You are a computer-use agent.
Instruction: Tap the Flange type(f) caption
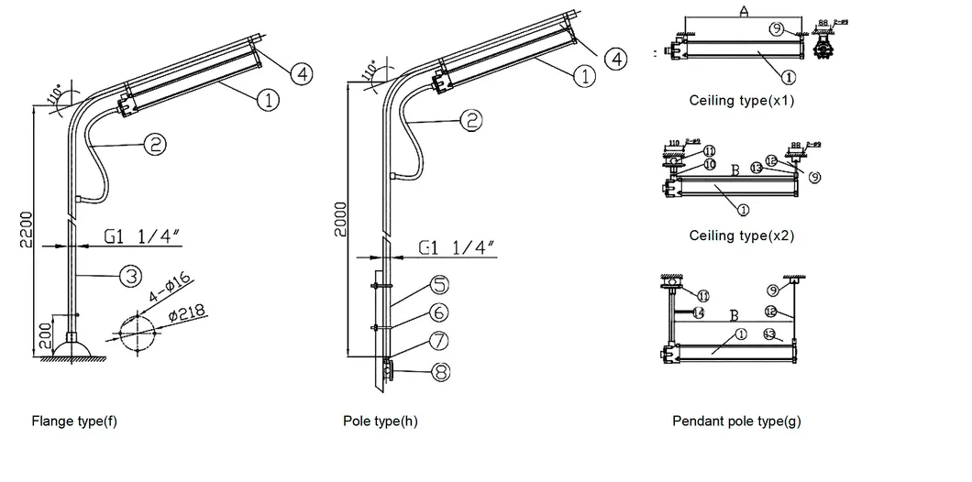click(x=74, y=422)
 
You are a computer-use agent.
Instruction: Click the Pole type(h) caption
click(x=381, y=422)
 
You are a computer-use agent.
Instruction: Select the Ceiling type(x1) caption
click(x=741, y=101)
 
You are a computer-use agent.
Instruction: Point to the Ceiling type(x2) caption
click(x=741, y=236)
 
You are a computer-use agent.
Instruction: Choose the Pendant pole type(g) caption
click(x=736, y=422)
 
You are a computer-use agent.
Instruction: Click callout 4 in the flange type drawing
click(x=302, y=73)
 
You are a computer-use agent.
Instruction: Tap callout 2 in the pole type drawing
click(x=470, y=118)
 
